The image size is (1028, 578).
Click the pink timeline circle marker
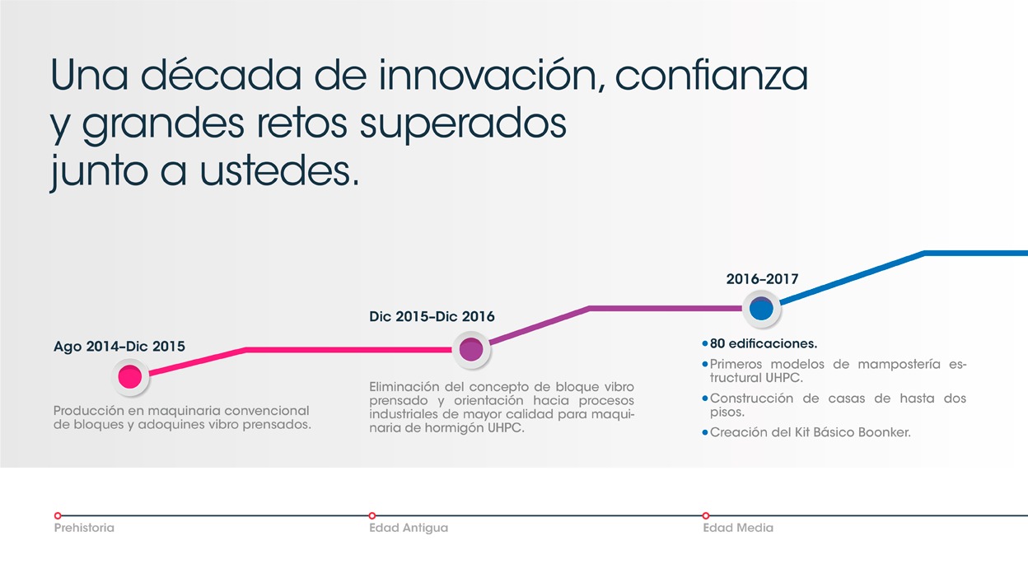coord(130,377)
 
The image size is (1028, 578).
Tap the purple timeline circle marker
coord(471,350)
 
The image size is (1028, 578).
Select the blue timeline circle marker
coord(761,309)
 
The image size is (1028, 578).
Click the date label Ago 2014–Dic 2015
coord(119,347)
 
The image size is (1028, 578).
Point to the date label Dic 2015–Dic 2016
coord(432,316)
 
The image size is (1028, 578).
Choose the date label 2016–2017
coord(762,279)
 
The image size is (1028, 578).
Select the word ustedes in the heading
coord(280,170)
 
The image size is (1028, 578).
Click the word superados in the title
coord(464,125)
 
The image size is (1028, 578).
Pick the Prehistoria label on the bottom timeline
coord(84,528)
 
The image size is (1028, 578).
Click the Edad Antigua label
coord(409,528)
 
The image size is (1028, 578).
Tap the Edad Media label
coord(738,528)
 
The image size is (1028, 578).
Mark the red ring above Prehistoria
coord(58,515)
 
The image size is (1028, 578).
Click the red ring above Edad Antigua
coord(372,515)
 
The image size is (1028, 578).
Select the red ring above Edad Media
coord(706,515)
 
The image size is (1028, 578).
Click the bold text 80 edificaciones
coord(764,343)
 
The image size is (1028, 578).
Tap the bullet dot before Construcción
coord(705,399)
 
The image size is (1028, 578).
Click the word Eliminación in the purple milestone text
coord(403,387)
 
